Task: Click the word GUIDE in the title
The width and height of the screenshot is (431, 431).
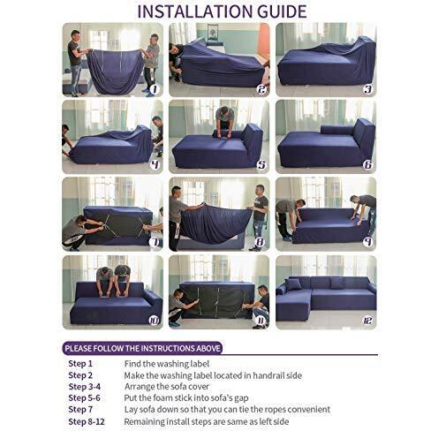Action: [282, 11]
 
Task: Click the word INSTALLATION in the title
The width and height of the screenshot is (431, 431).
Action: [195, 11]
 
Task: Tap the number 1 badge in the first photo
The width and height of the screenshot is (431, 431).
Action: [155, 89]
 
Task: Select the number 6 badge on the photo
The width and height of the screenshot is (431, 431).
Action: [368, 164]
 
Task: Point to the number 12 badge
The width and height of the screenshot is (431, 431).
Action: [367, 321]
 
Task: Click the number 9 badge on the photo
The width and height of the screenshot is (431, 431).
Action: [367, 242]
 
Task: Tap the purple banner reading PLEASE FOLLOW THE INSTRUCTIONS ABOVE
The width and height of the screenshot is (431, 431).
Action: [142, 349]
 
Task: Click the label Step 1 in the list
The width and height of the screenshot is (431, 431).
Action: [80, 364]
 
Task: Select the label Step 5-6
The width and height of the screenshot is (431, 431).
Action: [84, 398]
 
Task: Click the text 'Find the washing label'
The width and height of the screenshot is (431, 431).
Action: [167, 364]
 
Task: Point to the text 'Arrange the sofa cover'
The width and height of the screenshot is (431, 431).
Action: [167, 386]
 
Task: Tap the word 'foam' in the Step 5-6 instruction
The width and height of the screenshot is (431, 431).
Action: [163, 398]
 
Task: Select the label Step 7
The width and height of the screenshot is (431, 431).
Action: [80, 410]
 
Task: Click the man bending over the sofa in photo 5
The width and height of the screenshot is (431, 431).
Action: [225, 122]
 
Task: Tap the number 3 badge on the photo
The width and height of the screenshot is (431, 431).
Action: [367, 89]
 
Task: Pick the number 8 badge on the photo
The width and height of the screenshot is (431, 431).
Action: [261, 242]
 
